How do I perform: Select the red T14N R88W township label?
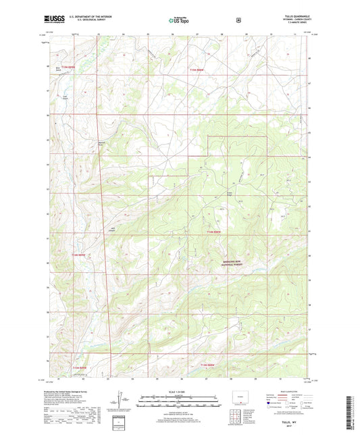pyautogui.click(x=214, y=232)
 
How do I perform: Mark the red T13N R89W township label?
pyautogui.click(x=79, y=367)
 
